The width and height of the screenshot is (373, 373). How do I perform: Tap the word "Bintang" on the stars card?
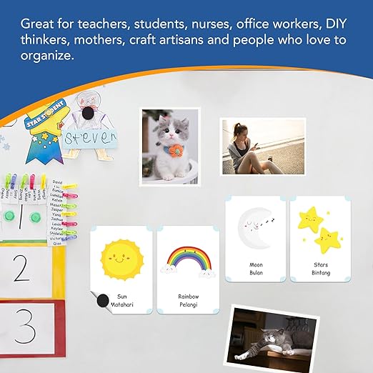(320, 273)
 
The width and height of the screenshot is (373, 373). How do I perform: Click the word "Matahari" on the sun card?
(122, 304)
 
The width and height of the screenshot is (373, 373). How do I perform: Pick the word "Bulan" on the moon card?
(256, 273)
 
